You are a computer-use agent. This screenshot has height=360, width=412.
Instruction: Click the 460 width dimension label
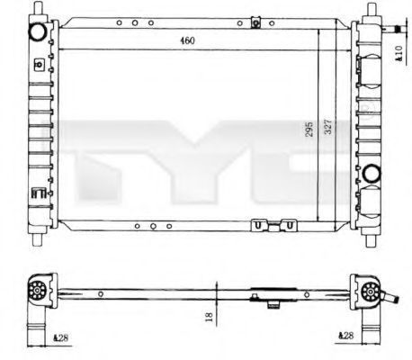(x=187, y=40)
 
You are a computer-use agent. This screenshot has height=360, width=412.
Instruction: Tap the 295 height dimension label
(x=309, y=129)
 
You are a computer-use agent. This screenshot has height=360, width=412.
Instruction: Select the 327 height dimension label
(x=328, y=127)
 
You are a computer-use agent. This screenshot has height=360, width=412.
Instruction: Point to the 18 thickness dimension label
(x=209, y=317)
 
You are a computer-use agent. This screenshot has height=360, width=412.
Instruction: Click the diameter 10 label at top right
(x=399, y=53)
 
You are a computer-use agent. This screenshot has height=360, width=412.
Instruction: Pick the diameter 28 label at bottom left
(x=60, y=337)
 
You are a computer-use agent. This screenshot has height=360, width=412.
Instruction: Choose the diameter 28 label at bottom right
(x=345, y=336)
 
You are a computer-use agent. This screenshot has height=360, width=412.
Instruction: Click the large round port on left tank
(x=38, y=32)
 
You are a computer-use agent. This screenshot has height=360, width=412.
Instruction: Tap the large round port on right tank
(x=372, y=173)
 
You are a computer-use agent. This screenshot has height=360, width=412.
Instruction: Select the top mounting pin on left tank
(x=38, y=7)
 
